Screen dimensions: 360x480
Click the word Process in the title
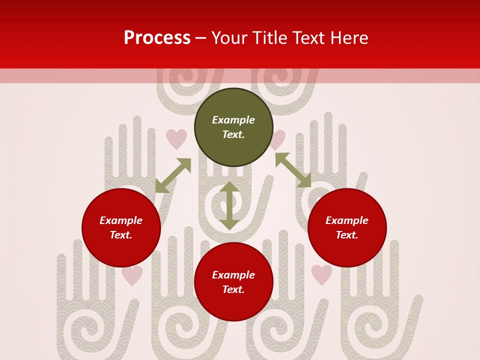(x=157, y=38)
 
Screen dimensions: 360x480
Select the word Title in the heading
(x=272, y=38)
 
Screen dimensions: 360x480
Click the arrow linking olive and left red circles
(x=173, y=175)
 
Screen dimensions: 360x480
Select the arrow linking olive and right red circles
(x=293, y=170)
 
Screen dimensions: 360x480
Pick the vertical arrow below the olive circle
(x=229, y=205)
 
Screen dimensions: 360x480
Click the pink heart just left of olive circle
(x=176, y=139)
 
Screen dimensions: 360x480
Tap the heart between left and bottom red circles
(x=132, y=275)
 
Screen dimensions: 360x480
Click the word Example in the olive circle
(x=233, y=120)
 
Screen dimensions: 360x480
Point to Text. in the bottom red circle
(x=233, y=289)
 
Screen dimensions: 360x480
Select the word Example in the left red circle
(x=121, y=220)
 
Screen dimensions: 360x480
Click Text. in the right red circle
(x=347, y=235)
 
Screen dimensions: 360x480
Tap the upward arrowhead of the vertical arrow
(x=229, y=187)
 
